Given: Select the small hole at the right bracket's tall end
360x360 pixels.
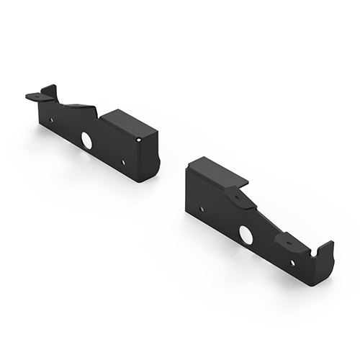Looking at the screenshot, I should click(201, 208).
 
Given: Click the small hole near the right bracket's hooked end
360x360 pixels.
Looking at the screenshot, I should click(292, 262).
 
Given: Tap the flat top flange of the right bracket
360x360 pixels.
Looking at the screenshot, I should click(216, 171).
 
